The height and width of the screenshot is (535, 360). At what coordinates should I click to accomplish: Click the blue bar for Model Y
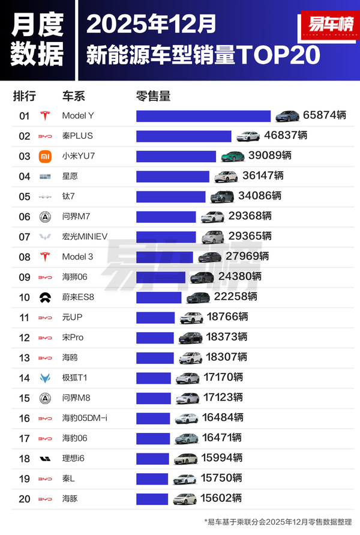pos(203,116)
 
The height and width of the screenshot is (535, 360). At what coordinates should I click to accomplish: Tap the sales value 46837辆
pos(286,136)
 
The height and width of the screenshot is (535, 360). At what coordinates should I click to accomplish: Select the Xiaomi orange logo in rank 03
pos(45,156)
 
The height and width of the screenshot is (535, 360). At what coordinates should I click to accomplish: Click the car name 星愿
pos(70,177)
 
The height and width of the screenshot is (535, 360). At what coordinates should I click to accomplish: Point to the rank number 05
pos(25,196)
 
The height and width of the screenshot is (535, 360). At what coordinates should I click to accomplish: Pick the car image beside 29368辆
pos(212,217)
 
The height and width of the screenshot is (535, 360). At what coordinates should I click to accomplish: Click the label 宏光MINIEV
pos(85,237)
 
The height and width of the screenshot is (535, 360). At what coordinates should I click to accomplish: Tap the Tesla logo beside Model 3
pos(45,257)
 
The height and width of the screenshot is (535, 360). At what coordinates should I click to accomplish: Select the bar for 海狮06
pos(161,277)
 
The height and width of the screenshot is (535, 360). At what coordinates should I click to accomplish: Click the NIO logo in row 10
pos(45,297)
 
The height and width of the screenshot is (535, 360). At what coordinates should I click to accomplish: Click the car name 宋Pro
pos(73,337)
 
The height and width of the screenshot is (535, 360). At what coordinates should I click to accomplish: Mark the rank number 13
pos(25,357)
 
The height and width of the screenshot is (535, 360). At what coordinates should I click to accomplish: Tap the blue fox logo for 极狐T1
pos(45,378)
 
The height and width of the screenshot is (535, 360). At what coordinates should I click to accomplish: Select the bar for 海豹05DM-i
pos(154,418)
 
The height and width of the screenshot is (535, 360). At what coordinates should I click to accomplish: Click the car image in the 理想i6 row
pos(185,459)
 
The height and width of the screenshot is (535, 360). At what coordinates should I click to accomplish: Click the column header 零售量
pos(154,96)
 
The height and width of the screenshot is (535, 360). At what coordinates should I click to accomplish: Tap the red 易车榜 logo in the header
pos(324,25)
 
